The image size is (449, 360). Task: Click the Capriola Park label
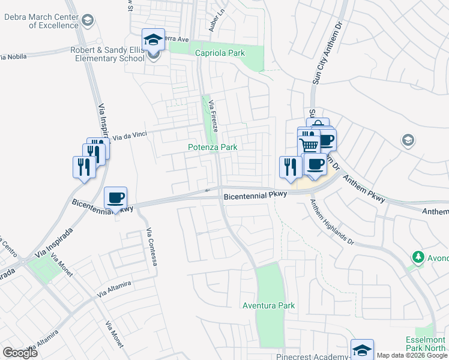click(x=220, y=53)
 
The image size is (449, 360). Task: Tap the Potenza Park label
click(x=212, y=147)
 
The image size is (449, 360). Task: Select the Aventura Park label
click(x=268, y=305)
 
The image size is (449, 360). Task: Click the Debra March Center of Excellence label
click(x=41, y=21)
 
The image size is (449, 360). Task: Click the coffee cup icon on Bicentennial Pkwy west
click(x=116, y=197)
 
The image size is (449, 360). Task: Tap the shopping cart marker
click(x=309, y=145)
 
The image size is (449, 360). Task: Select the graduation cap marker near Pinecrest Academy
click(x=362, y=349)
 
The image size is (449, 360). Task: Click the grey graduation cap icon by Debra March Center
click(x=88, y=21)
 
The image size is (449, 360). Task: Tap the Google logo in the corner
click(x=20, y=353)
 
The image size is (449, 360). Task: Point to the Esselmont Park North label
click(x=426, y=343)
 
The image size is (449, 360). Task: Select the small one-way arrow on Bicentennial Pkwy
click(x=208, y=191)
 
